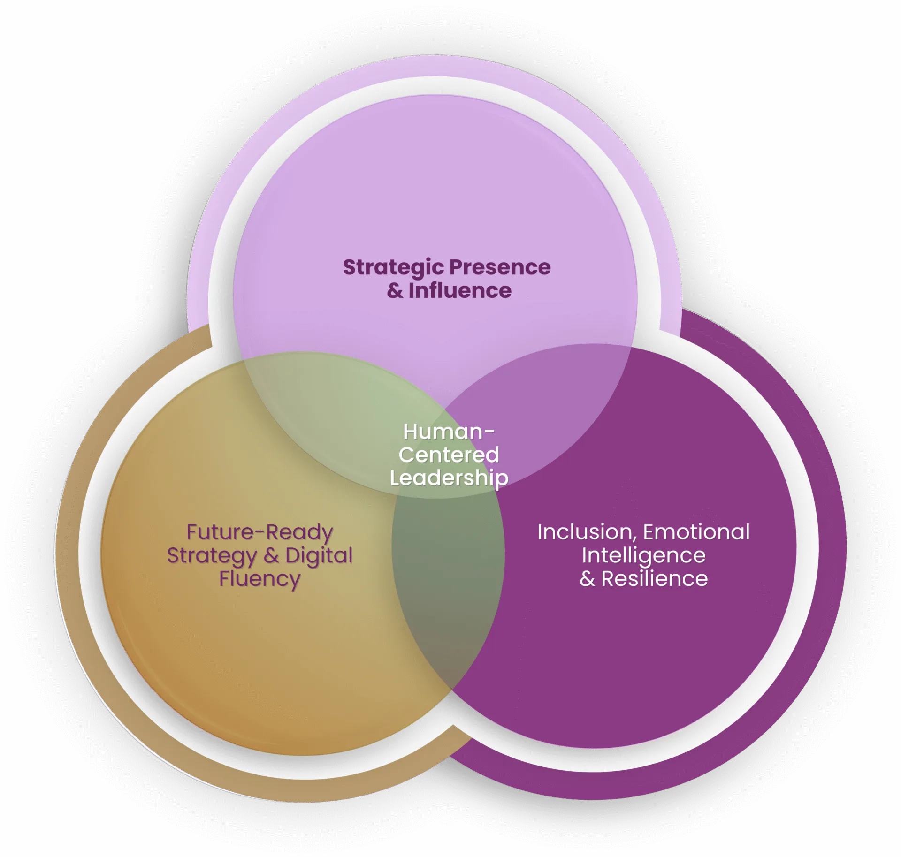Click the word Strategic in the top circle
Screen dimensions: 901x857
point(393,268)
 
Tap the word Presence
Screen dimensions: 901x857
point(500,267)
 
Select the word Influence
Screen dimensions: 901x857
point(460,290)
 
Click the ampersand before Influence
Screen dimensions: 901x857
point(395,291)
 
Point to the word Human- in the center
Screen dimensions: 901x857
point(449,432)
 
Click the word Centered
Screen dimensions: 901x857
point(449,455)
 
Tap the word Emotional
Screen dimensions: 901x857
point(696,532)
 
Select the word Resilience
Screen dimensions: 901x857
point(655,579)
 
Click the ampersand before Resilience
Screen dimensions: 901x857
point(588,579)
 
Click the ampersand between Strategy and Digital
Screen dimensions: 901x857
point(271,556)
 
